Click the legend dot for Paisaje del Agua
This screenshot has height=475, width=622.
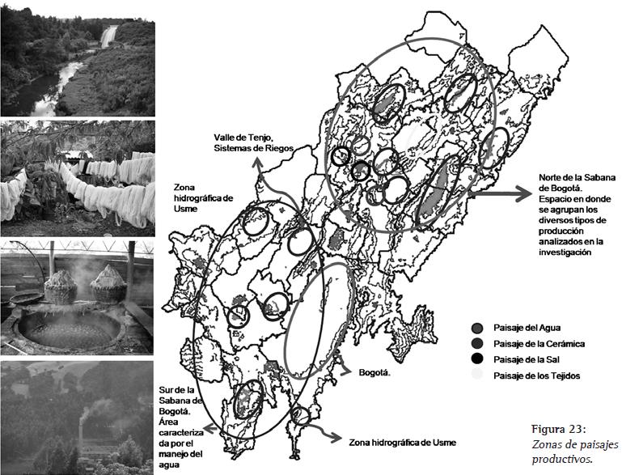tap(477, 329)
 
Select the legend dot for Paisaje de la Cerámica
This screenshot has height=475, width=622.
tap(477, 344)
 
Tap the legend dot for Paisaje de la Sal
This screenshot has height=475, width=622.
tap(477, 359)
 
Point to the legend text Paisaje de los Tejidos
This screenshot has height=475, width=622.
tap(537, 375)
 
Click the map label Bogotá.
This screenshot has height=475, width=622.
tap(374, 372)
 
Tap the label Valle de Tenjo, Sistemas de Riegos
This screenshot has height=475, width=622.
tap(253, 143)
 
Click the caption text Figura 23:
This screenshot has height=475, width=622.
tap(559, 430)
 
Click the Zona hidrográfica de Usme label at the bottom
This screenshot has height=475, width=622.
tap(402, 443)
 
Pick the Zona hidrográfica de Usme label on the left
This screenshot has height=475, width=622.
tap(203, 197)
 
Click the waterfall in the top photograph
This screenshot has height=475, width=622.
tap(108, 36)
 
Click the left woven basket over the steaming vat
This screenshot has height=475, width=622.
tap(61, 286)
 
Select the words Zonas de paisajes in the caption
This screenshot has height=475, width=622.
tap(575, 444)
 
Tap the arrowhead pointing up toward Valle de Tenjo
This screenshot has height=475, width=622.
tap(258, 163)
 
